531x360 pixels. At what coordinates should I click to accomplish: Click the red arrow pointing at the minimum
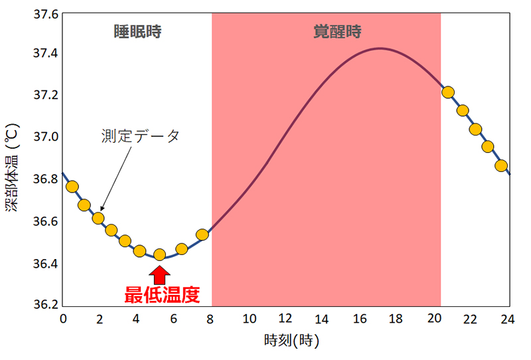[159, 275]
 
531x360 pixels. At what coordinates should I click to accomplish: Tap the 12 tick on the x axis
[286, 319]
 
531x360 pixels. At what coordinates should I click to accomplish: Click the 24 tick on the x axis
[508, 319]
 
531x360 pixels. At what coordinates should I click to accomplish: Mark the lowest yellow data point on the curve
[159, 254]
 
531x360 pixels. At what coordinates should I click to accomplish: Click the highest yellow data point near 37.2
[448, 92]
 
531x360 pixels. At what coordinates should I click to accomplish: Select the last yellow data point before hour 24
[501, 165]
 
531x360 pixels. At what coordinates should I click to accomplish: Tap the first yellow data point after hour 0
[72, 187]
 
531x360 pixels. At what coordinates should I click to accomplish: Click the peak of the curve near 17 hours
[380, 48]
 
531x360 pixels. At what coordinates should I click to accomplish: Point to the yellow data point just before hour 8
[202, 234]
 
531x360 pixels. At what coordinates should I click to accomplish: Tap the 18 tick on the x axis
[397, 319]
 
